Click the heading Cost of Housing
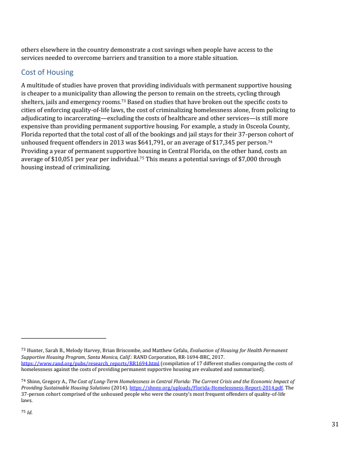[x=47, y=72]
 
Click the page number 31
[x=335, y=424]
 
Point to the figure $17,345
[x=242, y=143]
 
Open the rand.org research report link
[x=90, y=363]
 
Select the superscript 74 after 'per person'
[x=270, y=141]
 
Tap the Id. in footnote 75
[x=30, y=412]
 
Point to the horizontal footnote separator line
[x=63, y=338]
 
